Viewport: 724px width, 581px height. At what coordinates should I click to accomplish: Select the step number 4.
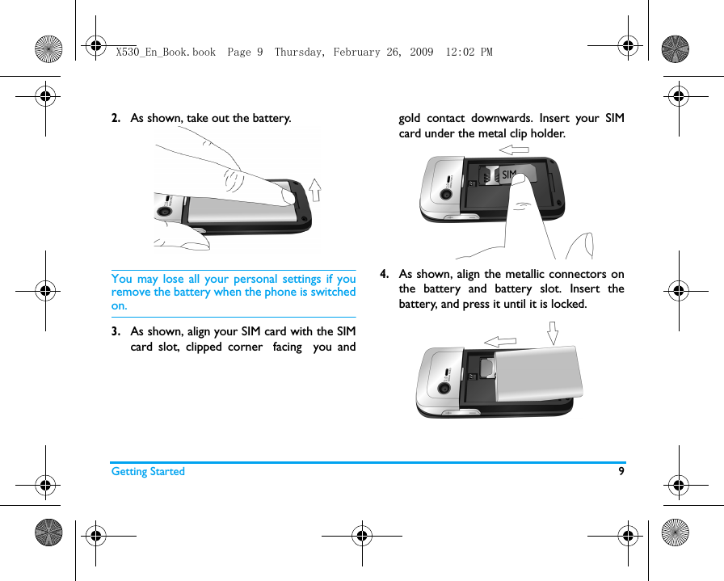point(385,275)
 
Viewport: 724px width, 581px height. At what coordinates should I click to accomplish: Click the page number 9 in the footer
point(621,471)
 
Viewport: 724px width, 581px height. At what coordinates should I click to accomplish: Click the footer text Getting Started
point(148,472)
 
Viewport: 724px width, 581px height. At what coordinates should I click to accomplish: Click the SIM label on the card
point(508,175)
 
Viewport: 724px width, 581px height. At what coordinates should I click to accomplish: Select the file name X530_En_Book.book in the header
point(166,52)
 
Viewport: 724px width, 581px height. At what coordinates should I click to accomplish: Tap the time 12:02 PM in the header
point(469,52)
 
